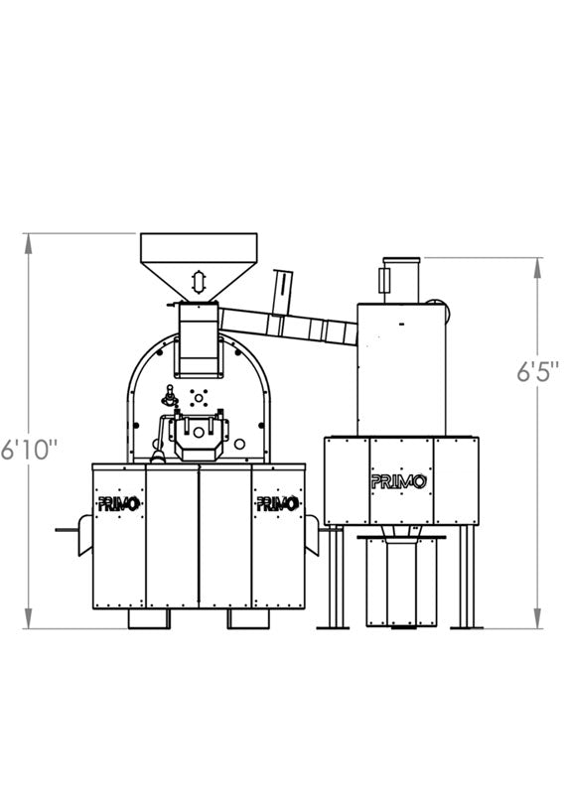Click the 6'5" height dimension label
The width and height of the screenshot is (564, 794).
point(537,374)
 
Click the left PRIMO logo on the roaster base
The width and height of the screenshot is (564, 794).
point(119,503)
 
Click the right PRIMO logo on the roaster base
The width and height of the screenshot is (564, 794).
point(277,503)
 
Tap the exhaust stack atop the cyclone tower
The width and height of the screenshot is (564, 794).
point(400,276)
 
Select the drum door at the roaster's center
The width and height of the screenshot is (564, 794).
point(199,435)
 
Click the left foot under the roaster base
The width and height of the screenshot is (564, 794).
point(150,618)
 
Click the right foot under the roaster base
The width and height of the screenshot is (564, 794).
point(248,618)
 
